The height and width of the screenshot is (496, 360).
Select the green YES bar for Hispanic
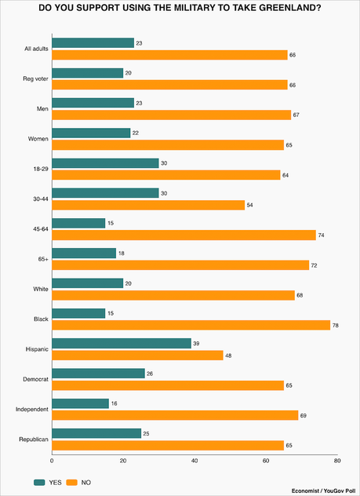pyautogui.click(x=122, y=343)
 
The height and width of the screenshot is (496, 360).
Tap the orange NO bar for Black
pyautogui.click(x=191, y=325)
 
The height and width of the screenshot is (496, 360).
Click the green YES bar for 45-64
pyautogui.click(x=78, y=224)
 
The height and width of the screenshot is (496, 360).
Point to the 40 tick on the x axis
pyautogui.click(x=195, y=461)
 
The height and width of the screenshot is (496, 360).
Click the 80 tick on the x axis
pyautogui.click(x=336, y=461)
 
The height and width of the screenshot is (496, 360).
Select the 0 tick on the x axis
pyautogui.click(x=53, y=461)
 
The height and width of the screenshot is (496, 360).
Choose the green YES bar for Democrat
pyautogui.click(x=99, y=373)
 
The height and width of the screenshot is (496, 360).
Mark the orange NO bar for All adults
pyautogui.click(x=169, y=54)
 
